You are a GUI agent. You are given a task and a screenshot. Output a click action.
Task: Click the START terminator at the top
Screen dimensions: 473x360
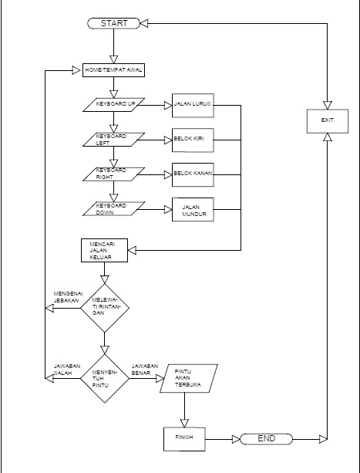click(x=113, y=23)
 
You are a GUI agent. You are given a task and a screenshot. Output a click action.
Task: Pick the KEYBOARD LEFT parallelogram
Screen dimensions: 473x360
click(x=114, y=140)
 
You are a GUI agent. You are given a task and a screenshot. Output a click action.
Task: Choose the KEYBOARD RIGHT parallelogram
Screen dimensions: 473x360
click(x=114, y=175)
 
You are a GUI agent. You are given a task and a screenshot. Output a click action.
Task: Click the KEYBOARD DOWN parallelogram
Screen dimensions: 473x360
click(x=114, y=210)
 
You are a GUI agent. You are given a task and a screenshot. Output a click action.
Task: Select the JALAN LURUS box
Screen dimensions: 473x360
click(x=193, y=105)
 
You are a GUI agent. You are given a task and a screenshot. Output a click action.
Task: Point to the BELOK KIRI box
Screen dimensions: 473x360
click(x=193, y=140)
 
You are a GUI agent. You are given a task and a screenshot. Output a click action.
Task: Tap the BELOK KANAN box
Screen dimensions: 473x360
click(x=193, y=175)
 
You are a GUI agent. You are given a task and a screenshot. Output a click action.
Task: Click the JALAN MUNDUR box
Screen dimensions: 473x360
click(x=193, y=210)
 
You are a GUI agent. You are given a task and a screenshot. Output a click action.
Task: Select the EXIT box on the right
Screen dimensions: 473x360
click(x=328, y=120)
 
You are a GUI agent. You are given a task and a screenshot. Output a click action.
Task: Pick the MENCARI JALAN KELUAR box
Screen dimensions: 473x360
click(x=104, y=251)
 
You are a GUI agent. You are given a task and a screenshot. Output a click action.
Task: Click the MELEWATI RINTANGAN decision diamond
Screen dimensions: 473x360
click(x=105, y=308)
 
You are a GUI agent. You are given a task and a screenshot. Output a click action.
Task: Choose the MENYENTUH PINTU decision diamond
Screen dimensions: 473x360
click(x=105, y=377)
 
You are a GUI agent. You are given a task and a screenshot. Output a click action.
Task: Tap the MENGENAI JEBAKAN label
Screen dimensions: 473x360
click(x=68, y=298)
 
